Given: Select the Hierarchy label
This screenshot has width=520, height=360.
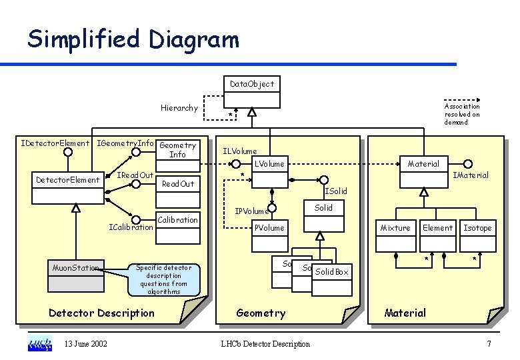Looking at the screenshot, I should pyautogui.click(x=179, y=108).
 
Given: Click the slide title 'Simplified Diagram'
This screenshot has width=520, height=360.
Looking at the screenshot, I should pyautogui.click(x=133, y=39).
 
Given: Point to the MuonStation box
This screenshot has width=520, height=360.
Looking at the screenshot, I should pyautogui.click(x=76, y=275).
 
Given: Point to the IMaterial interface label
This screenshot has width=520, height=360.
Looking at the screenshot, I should pyautogui.click(x=471, y=175).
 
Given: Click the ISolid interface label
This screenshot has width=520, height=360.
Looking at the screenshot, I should pyautogui.click(x=336, y=192).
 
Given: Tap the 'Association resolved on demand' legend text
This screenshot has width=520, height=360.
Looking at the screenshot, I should pyautogui.click(x=462, y=114).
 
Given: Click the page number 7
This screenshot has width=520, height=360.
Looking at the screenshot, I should pyautogui.click(x=489, y=344).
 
